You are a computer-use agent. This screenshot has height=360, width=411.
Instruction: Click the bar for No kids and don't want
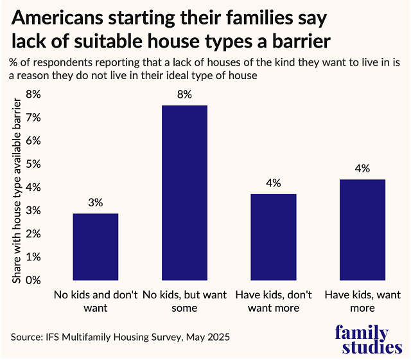pos(95,247)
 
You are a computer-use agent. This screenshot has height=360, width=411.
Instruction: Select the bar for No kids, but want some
pos(184,193)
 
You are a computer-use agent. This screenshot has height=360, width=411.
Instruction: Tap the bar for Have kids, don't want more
pos(274,237)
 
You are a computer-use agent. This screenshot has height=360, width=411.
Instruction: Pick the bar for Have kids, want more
pos(362,230)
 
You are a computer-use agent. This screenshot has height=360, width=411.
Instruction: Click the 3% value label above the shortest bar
pos(95,203)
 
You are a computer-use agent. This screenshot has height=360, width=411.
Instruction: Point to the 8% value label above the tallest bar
pos(184,94)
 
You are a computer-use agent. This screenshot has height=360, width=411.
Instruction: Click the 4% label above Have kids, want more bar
pos(362,168)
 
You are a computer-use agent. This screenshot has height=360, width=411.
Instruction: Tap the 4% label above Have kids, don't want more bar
pos(274,183)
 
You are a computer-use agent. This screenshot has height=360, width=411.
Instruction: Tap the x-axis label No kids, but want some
pos(184,301)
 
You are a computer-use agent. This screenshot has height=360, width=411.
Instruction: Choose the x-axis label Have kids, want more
pos(362,301)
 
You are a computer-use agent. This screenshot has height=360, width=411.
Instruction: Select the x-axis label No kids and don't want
pos(95,301)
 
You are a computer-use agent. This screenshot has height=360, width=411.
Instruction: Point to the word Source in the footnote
pos(26,337)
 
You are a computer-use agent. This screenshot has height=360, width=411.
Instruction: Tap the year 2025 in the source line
pos(218,337)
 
